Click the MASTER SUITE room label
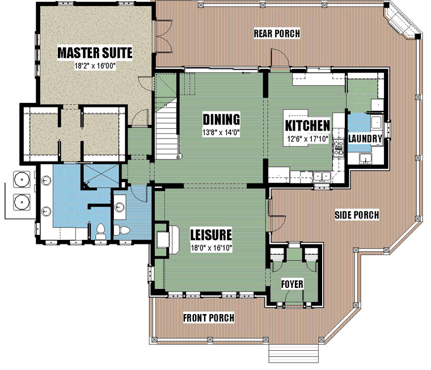pyautogui.click(x=95, y=53)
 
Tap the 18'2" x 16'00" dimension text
pyautogui.click(x=95, y=66)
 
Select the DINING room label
pyautogui.click(x=221, y=119)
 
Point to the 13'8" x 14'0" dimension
pyautogui.click(x=221, y=133)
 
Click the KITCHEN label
pyautogui.click(x=307, y=126)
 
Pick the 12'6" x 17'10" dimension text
pyautogui.click(x=308, y=139)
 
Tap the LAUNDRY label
pyautogui.click(x=365, y=139)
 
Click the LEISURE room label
pyautogui.click(x=211, y=235)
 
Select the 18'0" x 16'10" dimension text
pyautogui.click(x=212, y=248)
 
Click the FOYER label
pyautogui.click(x=292, y=284)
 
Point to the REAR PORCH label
pyautogui.click(x=277, y=33)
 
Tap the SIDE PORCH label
pyautogui.click(x=357, y=215)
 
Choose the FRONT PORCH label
pyautogui.click(x=209, y=317)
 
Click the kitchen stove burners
pyautogui.click(x=339, y=148)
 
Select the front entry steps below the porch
pyautogui.click(x=293, y=353)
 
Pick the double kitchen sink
pyautogui.click(x=322, y=177)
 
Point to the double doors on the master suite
pyautogui.click(x=164, y=36)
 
